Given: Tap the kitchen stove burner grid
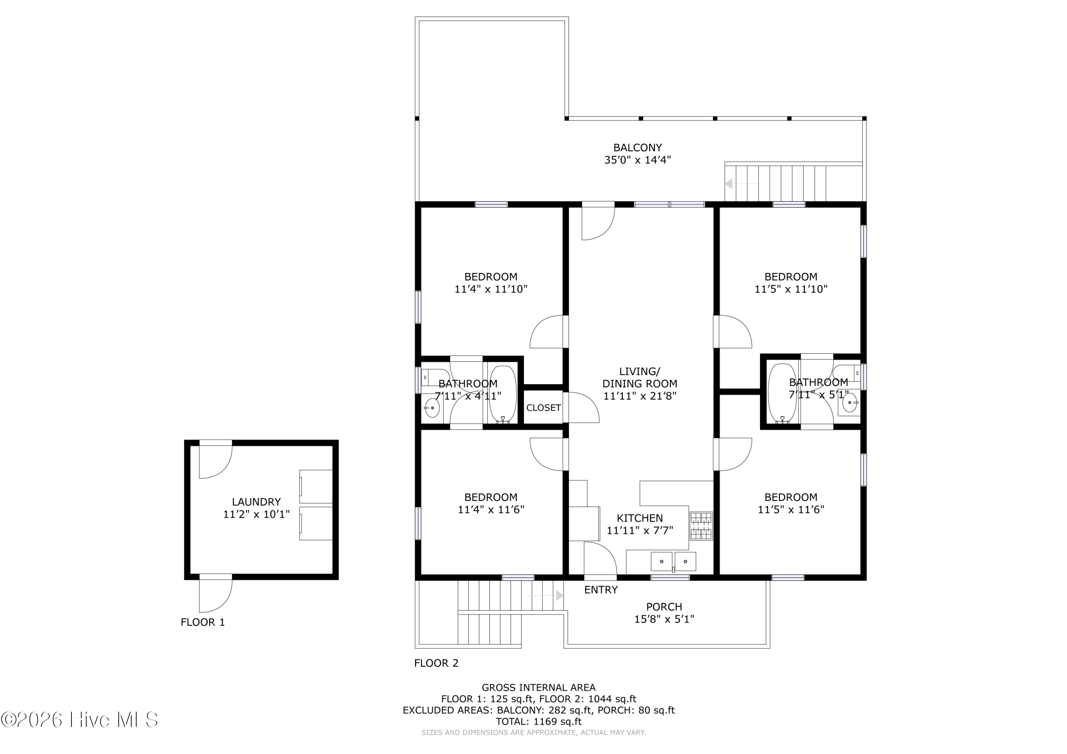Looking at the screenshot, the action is point(701,526).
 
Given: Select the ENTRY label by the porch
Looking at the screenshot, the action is point(601,590).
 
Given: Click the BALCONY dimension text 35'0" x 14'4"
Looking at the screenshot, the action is point(638,160).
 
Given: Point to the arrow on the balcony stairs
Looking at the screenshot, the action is point(743,183).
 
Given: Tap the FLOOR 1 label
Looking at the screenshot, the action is point(203,622).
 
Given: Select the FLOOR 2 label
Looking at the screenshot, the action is point(436,663).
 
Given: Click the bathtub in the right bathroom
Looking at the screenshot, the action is point(782,394).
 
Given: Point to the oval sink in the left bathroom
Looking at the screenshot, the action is point(432,408).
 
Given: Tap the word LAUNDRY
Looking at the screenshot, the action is point(256,502).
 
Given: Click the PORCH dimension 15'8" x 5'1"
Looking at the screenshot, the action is point(664,619).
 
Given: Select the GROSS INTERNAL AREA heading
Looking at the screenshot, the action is point(538,688).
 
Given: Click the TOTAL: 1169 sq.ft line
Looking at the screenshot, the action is point(538,722).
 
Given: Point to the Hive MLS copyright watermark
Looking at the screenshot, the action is point(79,720).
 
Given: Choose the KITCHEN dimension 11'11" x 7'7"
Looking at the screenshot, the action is point(640,530).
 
